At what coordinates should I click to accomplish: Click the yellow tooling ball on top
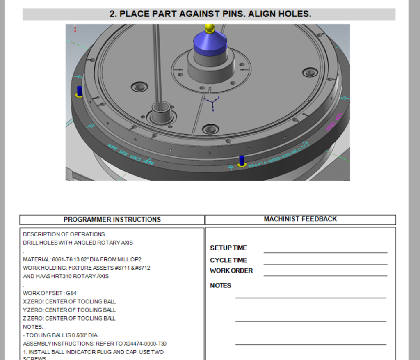click(210, 28)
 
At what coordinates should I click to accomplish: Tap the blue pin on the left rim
click(79, 91)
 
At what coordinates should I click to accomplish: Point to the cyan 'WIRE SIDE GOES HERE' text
click(131, 154)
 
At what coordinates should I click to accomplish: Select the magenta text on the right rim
click(334, 122)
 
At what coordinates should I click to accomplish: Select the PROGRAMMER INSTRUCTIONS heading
click(112, 220)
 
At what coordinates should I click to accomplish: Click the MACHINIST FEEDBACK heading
click(300, 219)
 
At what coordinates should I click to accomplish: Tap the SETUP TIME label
click(228, 248)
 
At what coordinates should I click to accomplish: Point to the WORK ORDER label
click(231, 271)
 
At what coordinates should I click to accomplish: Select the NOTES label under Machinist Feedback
click(221, 286)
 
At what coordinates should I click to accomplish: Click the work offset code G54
click(71, 293)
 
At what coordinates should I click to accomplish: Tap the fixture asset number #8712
click(142, 268)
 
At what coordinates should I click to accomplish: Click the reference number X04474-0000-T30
click(145, 344)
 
